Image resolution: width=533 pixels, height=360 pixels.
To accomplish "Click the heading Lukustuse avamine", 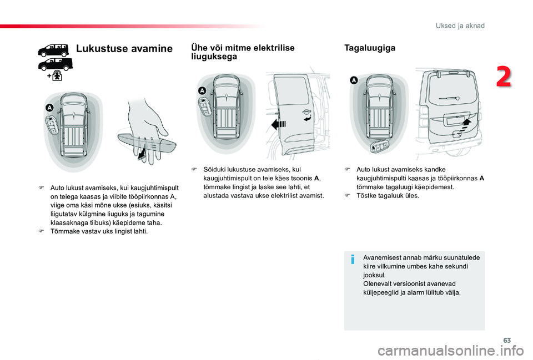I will [124, 49].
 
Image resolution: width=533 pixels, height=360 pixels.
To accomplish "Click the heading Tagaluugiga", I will [370, 48].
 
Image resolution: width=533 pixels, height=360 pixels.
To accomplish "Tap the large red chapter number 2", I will [504, 77].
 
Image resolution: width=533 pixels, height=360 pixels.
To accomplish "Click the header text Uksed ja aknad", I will [461, 26].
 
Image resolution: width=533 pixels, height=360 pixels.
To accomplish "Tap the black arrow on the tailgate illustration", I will [465, 121].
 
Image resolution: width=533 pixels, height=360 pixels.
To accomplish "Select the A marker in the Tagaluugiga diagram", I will [354, 81].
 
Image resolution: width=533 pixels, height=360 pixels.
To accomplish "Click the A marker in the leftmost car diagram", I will [49, 107].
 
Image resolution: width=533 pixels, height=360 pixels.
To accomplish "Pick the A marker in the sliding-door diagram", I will [202, 90].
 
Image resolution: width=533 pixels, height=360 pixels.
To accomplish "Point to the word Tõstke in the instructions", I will [365, 196].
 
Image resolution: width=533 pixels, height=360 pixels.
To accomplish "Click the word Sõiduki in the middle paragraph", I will [214, 169].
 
